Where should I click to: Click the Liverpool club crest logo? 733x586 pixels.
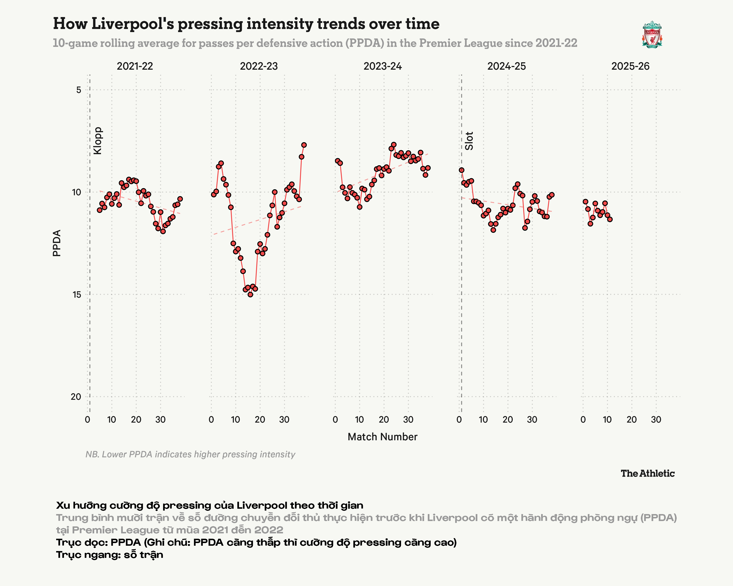652,35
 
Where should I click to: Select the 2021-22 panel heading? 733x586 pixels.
135,66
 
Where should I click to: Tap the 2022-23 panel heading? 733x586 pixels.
259,66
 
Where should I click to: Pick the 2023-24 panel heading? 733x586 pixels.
383,66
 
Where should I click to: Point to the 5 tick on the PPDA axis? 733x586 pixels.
79,90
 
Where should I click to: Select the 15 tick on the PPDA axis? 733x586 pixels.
77,295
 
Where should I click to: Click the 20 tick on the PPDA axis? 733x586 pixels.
76,397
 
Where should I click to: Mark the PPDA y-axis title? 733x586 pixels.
57,243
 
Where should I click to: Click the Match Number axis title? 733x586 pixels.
383,437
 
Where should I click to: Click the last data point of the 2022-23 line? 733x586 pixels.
304,145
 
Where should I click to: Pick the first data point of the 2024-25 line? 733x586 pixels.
461,170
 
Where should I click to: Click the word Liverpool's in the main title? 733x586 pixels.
133,24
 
